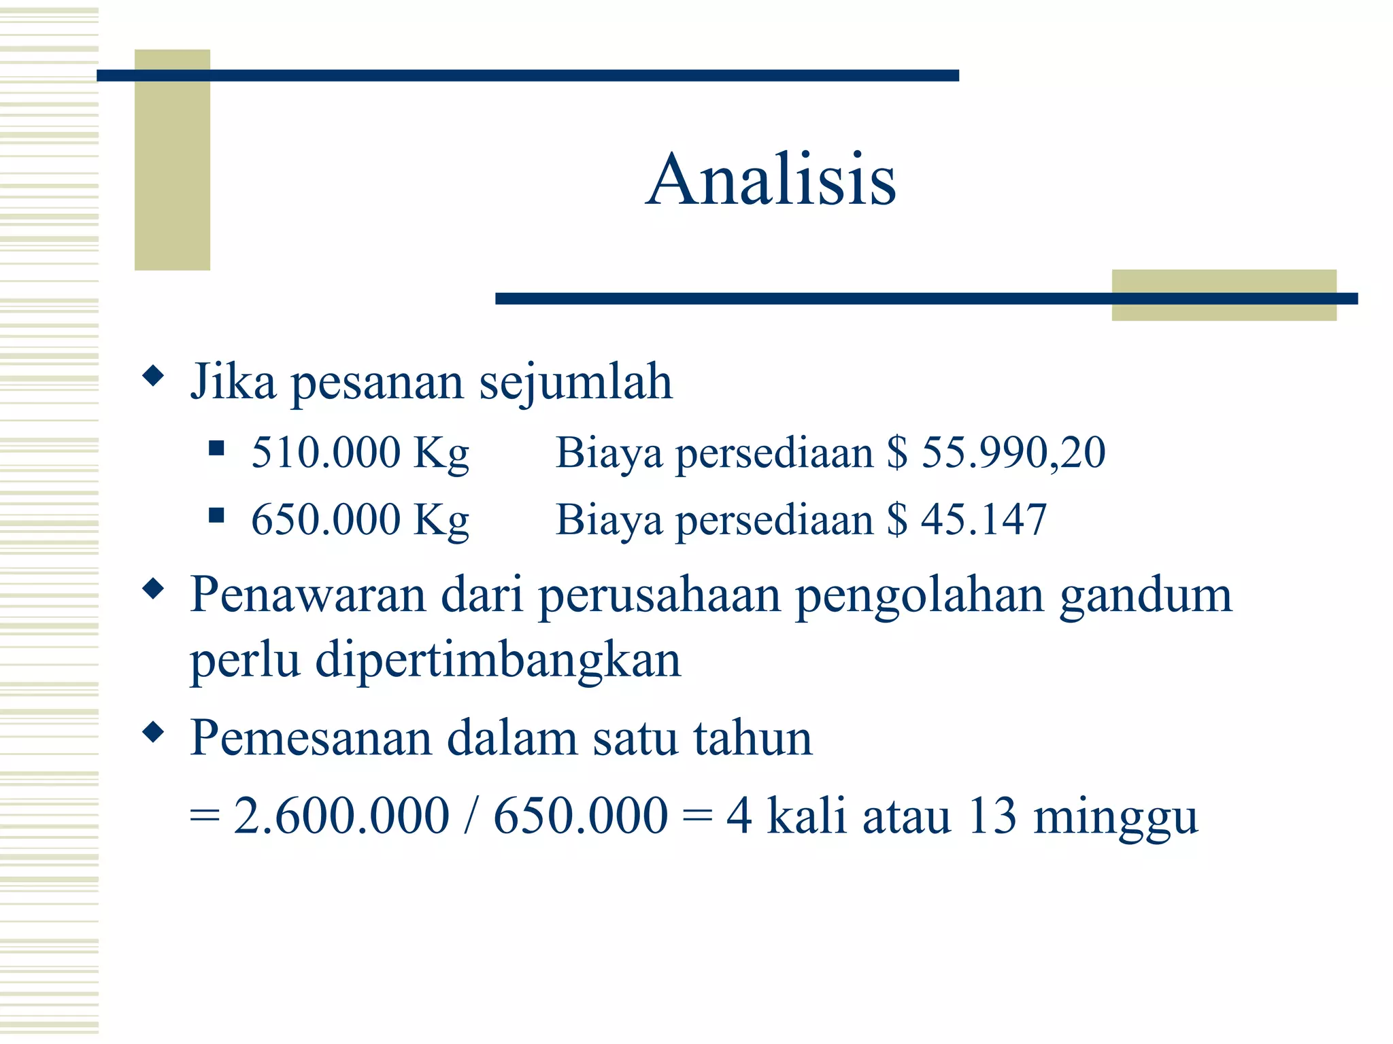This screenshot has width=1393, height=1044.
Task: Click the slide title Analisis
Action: (x=771, y=179)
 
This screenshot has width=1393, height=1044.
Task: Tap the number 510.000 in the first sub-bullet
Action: (x=326, y=452)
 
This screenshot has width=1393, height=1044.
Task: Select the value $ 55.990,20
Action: (x=996, y=452)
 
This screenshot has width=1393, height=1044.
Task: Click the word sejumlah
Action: (x=575, y=382)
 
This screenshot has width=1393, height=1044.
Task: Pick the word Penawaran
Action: (x=307, y=595)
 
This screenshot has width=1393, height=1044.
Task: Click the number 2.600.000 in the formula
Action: (x=341, y=815)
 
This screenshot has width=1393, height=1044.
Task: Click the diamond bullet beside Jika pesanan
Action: (x=154, y=375)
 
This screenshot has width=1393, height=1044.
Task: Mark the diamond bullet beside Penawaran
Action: (x=154, y=589)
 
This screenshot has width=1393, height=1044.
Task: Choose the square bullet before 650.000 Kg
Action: (x=216, y=515)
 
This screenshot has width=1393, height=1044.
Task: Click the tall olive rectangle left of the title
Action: (x=172, y=170)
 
